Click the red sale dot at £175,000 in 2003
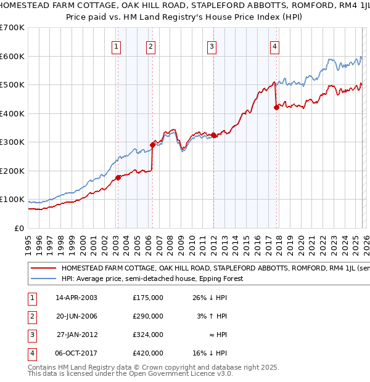117,178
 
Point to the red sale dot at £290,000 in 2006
152,145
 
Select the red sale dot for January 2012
213,135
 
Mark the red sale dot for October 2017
276,108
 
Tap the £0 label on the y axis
19,228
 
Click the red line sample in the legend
43,269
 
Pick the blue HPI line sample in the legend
43,278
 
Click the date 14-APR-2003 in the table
76,298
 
